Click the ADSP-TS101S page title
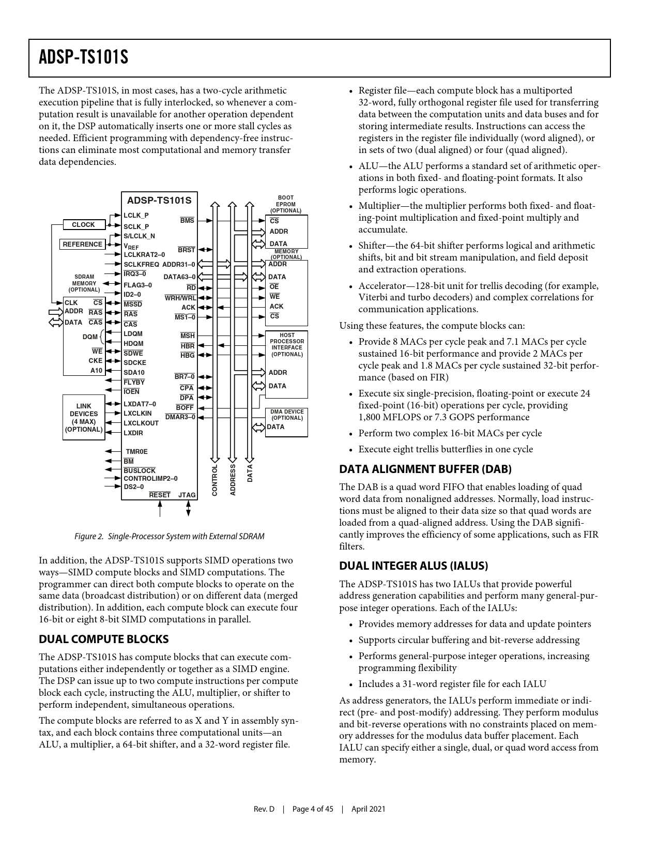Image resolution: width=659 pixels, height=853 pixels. tap(83, 57)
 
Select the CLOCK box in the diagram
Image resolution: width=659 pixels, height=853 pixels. tap(83, 225)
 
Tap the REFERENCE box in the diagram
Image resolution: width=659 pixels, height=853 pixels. tap(83, 245)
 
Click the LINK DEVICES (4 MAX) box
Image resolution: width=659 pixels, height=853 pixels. tap(84, 418)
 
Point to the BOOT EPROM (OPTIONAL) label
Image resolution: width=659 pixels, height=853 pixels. tap(286, 204)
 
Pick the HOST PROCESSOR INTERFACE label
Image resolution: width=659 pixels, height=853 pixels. tap(287, 345)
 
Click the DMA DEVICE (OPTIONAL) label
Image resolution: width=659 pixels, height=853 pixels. tap(287, 415)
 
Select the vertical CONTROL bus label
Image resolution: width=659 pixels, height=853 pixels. tap(215, 480)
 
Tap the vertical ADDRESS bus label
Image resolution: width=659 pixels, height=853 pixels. tap(233, 480)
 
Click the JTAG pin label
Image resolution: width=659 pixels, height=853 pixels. tap(187, 495)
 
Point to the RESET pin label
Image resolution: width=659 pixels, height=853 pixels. tap(160, 495)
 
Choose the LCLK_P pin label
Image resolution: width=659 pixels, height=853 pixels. tap(136, 216)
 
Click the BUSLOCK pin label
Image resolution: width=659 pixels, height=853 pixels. tap(140, 471)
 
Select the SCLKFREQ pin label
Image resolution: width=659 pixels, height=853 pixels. tap(141, 265)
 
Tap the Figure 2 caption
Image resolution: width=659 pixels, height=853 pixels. tap(169, 537)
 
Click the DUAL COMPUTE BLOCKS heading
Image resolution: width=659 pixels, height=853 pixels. tap(104, 639)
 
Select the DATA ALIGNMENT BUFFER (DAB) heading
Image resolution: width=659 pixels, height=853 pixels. tap(425, 469)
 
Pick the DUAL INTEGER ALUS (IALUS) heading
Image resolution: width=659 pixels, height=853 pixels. tap(413, 566)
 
